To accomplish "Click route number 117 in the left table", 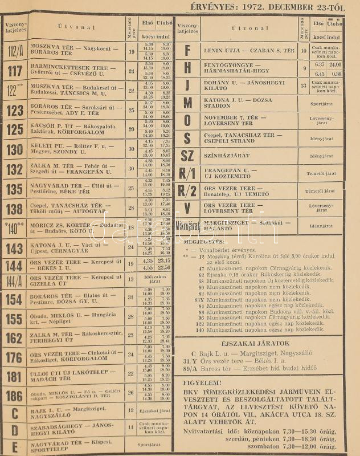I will coord(14,71).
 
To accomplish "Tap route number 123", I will coord(14,110).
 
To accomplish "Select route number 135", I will coord(14,188).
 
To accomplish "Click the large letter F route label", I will coord(187,51).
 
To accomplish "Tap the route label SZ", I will coord(187,156).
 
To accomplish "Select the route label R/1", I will coord(187,173).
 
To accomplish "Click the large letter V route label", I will coord(187,208).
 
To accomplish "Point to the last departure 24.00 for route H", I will coord(335,64).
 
